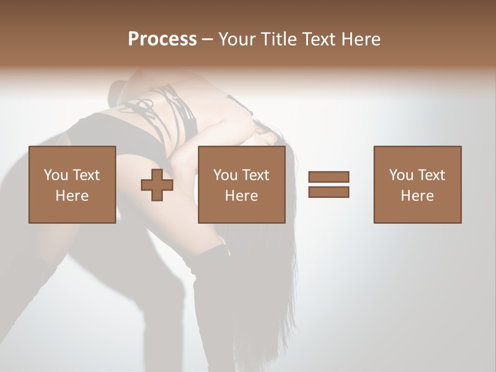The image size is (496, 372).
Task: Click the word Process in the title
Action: [x=162, y=39]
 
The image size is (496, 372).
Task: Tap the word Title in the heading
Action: [x=279, y=39]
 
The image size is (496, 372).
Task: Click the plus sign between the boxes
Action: [x=157, y=184]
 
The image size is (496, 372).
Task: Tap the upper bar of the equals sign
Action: [x=329, y=177]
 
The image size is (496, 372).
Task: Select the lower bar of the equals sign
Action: [x=329, y=192]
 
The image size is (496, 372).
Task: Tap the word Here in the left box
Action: [x=72, y=196]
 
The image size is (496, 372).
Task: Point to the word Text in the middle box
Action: [x=256, y=175]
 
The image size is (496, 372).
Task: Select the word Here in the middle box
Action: [x=241, y=196]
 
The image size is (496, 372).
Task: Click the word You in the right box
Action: [x=401, y=175]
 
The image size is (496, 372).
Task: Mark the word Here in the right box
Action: [x=417, y=196]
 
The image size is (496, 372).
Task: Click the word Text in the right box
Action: [x=431, y=175]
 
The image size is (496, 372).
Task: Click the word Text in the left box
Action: [x=86, y=175]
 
